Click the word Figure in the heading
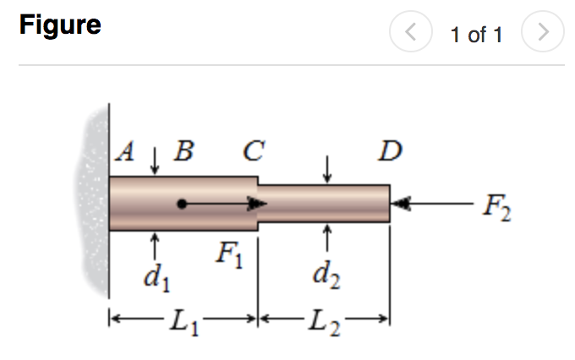click(x=60, y=25)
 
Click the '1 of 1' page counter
click(x=476, y=35)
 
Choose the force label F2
click(x=495, y=205)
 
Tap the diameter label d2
click(x=326, y=274)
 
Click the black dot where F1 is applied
click(x=182, y=204)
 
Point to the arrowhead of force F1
click(x=257, y=204)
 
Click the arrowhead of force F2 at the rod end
click(x=401, y=204)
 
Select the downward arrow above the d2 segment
click(x=327, y=172)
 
